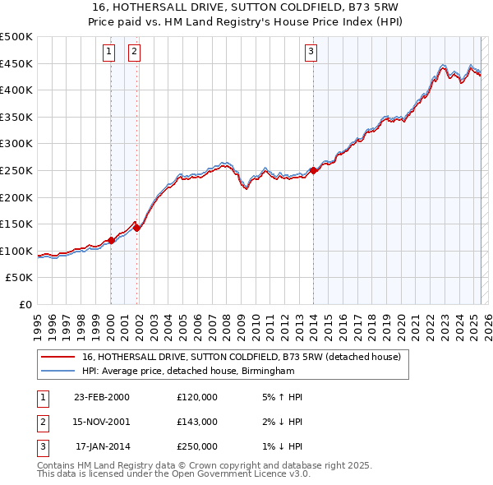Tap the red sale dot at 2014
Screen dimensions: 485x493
coord(313,170)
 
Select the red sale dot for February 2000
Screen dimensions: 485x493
coord(111,240)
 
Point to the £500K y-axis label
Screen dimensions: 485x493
coord(16,37)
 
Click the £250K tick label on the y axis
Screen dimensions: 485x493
coord(16,170)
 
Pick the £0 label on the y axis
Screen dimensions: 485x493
coord(25,304)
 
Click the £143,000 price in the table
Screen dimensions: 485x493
coord(196,422)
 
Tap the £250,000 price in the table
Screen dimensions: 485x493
coord(196,446)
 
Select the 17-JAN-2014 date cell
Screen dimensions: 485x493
coord(102,446)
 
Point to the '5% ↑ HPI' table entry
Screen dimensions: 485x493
coord(276,397)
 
